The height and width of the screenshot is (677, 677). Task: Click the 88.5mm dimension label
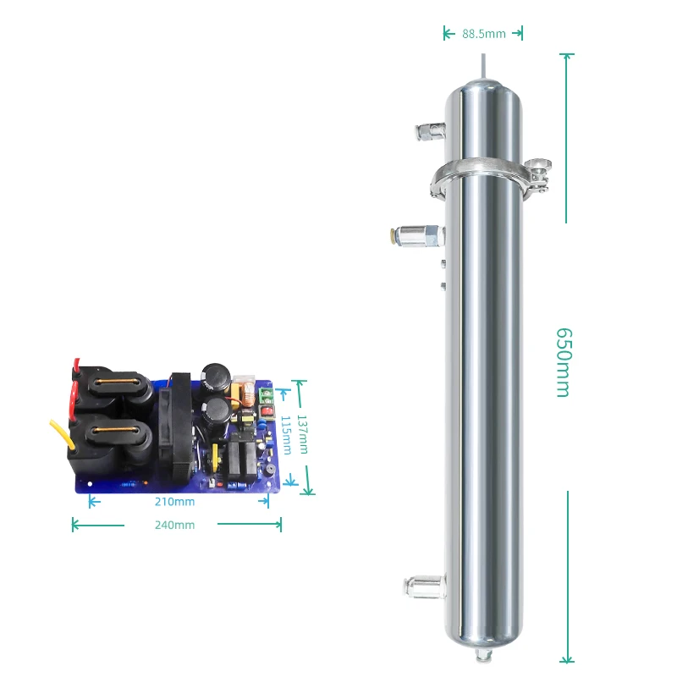click(x=483, y=34)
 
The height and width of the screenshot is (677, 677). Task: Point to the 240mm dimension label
click(x=174, y=526)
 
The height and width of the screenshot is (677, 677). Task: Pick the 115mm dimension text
click(x=286, y=434)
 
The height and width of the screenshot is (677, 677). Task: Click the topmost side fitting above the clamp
click(x=428, y=130)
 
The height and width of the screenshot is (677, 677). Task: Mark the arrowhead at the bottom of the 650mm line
click(x=567, y=658)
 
